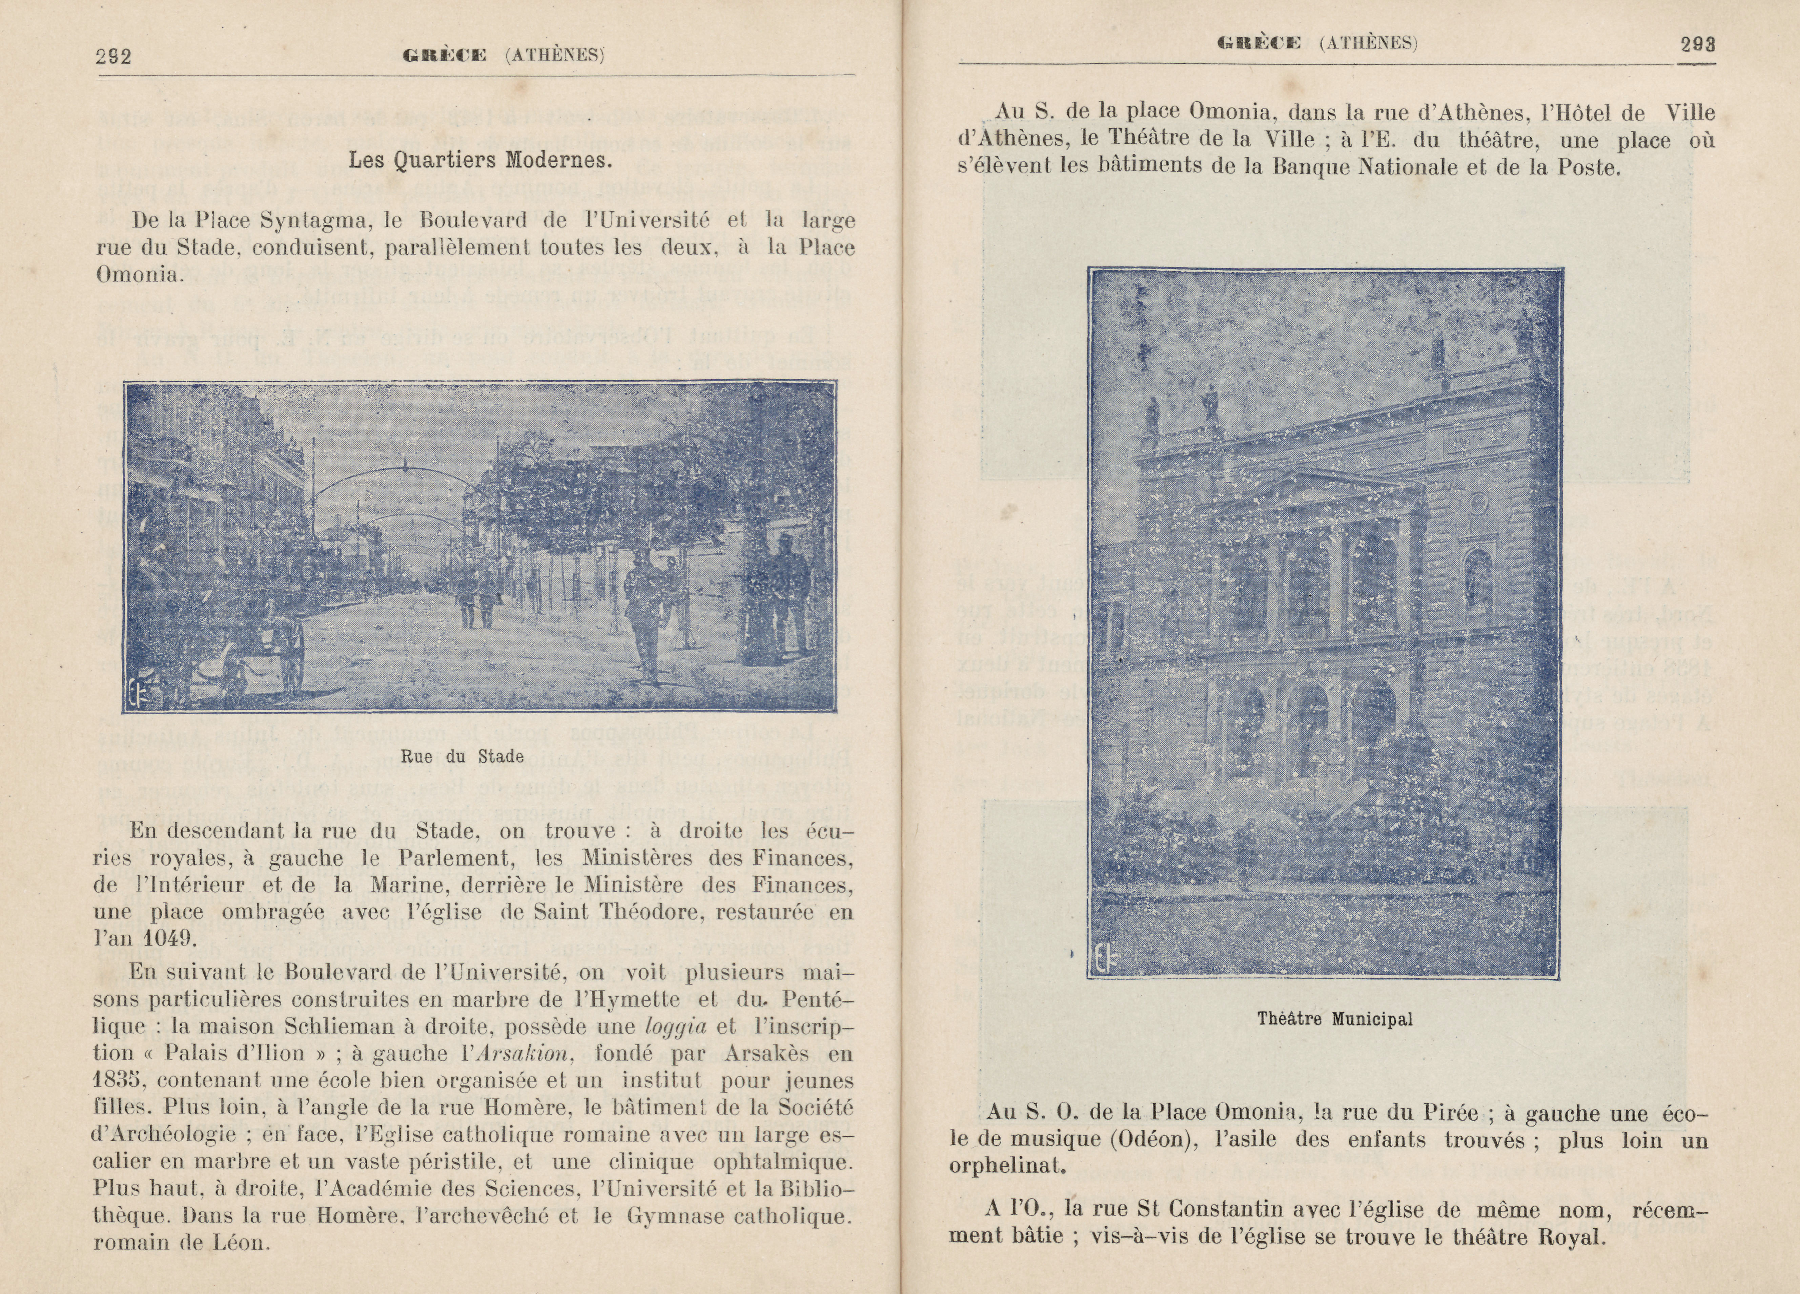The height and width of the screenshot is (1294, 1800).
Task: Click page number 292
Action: [x=113, y=56]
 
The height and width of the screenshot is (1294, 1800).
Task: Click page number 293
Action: [x=1698, y=44]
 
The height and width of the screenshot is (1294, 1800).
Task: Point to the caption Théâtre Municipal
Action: [x=1335, y=1019]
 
